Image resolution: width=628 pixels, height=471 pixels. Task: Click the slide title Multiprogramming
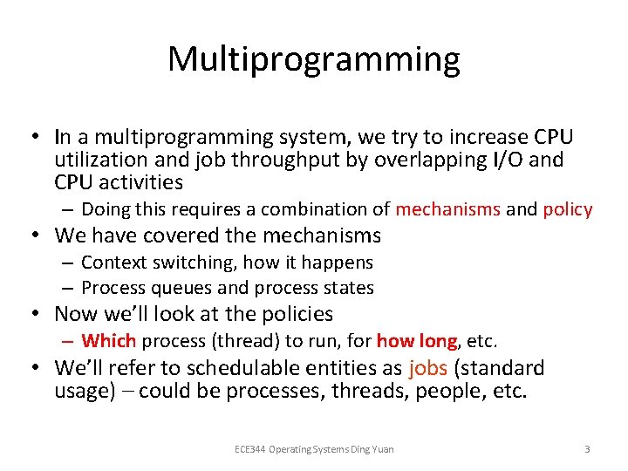coord(313,59)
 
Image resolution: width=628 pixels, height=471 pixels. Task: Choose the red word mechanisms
coord(447,209)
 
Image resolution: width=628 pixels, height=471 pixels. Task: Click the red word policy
coord(567,209)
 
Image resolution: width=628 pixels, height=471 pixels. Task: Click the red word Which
coord(109,341)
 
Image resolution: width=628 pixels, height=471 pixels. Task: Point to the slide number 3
coord(587,449)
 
